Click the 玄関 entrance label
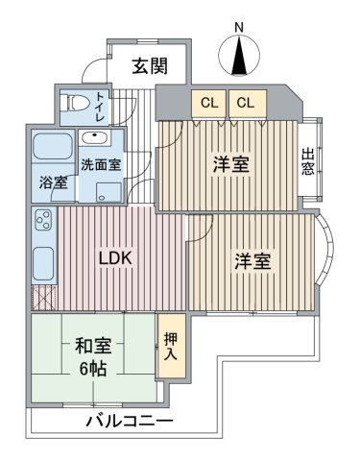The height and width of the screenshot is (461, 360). pos(150,66)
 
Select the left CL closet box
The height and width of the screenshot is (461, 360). pos(209,103)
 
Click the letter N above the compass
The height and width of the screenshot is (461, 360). pos(239,28)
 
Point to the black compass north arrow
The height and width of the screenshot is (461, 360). pos(239,55)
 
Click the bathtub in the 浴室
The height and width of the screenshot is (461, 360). pos(53,146)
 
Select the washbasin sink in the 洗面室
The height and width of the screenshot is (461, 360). pos(95,138)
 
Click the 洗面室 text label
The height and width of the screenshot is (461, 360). pos(101,164)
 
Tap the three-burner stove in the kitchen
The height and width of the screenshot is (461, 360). pos(44,219)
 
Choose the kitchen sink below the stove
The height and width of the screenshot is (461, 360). pos(43,263)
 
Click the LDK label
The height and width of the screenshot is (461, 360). pos(115,258)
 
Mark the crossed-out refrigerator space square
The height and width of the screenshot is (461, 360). pos(44,298)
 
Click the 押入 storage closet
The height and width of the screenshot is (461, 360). pos(172,346)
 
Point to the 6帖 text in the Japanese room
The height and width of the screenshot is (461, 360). pos(93,370)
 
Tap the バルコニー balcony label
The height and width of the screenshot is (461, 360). pos(130,422)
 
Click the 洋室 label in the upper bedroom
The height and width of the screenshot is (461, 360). pos(231,164)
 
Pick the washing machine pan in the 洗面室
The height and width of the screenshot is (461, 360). pos(109,192)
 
